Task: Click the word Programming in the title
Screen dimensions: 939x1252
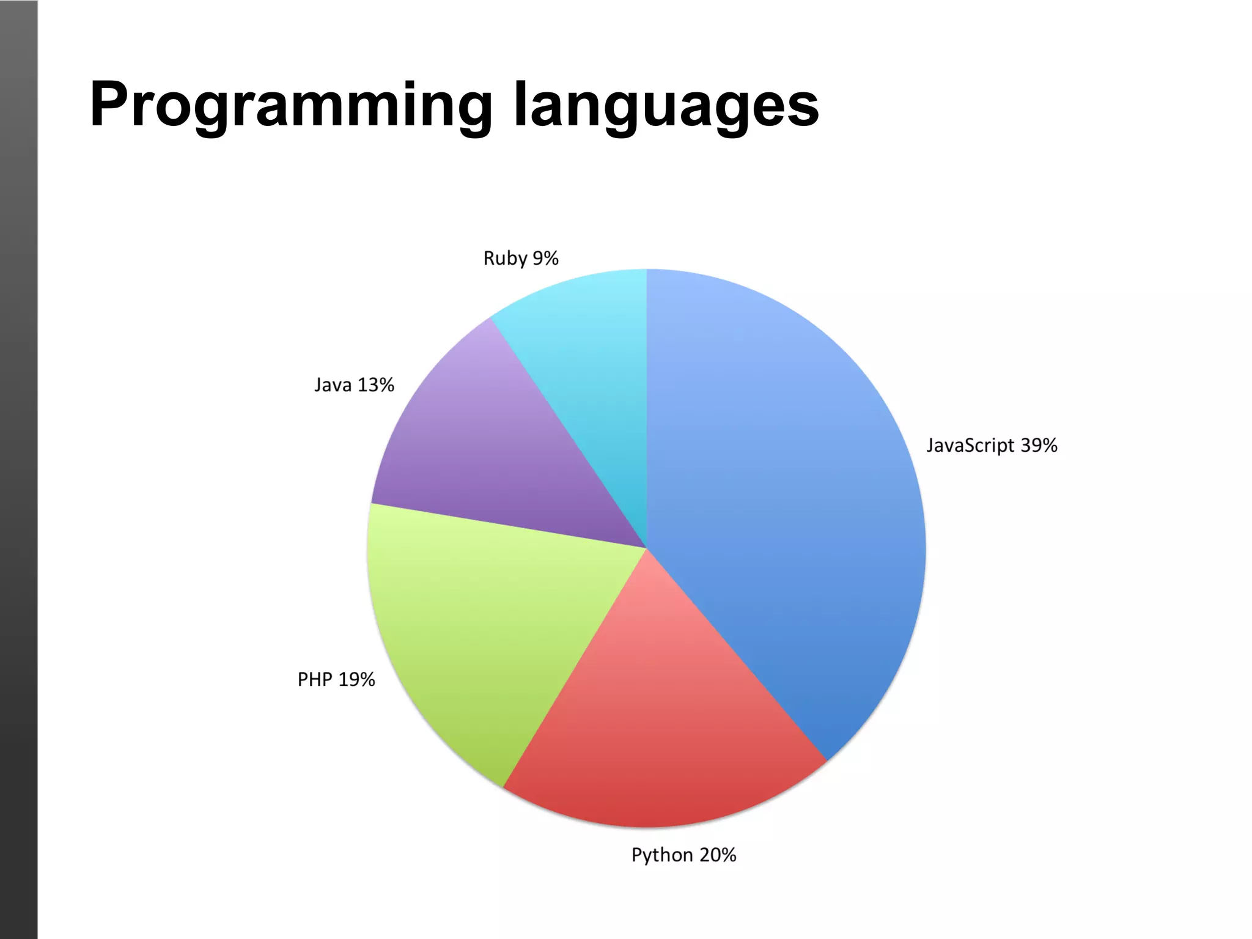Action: (x=291, y=105)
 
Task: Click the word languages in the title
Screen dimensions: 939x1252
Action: (x=666, y=105)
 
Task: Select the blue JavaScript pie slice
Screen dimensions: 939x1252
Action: (x=789, y=489)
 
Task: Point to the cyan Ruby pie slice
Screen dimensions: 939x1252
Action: (x=587, y=367)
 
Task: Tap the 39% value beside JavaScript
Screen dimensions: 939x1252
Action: (x=1039, y=445)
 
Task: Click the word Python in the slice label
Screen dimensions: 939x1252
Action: (x=662, y=855)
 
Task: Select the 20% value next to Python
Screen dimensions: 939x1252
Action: (x=718, y=855)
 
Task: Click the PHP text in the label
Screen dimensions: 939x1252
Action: (x=315, y=679)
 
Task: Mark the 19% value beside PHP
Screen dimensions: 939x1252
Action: (x=356, y=679)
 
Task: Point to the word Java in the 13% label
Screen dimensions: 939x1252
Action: (x=333, y=385)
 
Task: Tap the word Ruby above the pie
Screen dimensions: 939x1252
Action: (x=505, y=259)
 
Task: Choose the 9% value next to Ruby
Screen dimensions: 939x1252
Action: (x=545, y=258)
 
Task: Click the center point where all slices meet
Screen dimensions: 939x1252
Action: (x=647, y=548)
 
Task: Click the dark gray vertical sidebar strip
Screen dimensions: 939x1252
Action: (x=18, y=469)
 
